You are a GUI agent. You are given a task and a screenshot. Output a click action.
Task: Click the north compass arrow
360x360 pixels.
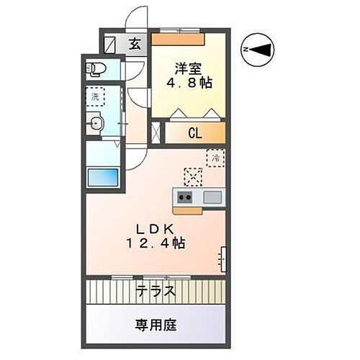click(260, 48)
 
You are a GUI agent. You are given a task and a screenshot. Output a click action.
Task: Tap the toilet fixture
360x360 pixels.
click(95, 70)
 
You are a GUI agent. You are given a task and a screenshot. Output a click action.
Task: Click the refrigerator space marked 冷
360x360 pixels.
click(214, 156)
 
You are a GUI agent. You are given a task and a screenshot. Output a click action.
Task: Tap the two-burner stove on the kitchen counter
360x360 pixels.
click(184, 197)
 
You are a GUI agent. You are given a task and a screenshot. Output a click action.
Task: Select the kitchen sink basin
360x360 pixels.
click(212, 197)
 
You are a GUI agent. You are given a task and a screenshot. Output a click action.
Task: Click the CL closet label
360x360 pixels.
click(194, 133)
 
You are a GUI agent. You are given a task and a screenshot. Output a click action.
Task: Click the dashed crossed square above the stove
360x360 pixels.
click(192, 175)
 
